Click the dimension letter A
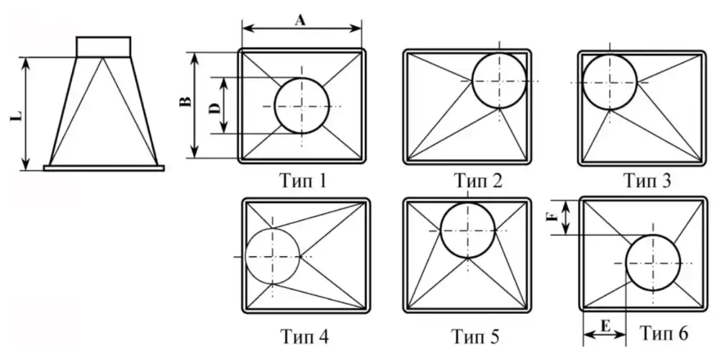300,21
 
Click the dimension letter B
185,103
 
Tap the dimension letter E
605,326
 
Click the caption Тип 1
304,181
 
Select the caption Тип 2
478,181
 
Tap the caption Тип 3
647,181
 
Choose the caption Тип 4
305,337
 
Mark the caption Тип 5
475,337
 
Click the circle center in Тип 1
302,106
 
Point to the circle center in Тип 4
272,256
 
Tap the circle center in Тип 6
653,263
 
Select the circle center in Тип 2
500,81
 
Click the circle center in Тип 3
610,82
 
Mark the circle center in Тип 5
468,230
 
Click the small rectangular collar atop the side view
103,47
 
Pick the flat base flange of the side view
104,168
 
